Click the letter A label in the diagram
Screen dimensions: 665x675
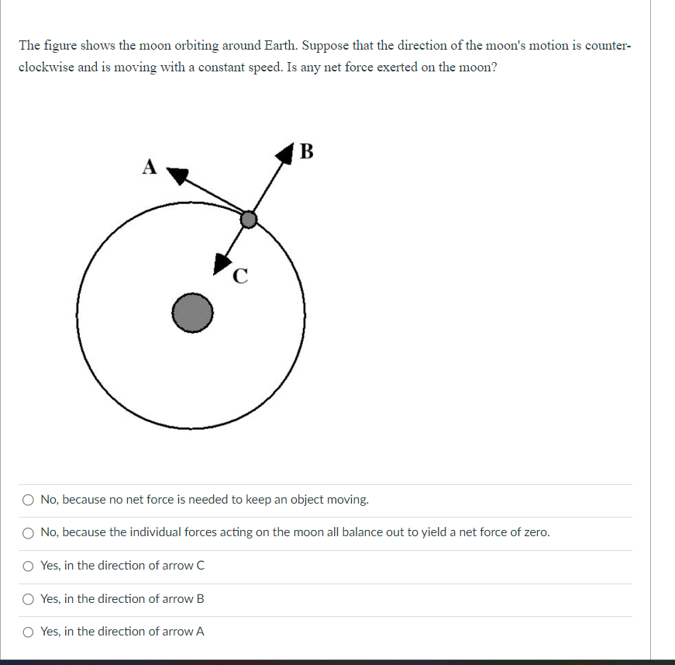(x=150, y=166)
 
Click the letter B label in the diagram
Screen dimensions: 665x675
(x=306, y=151)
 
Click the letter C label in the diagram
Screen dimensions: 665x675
(x=240, y=275)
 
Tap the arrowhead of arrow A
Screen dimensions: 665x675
(x=178, y=176)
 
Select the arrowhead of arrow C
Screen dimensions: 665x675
(x=223, y=263)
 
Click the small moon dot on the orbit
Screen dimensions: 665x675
(x=248, y=220)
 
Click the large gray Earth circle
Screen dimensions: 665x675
(x=191, y=313)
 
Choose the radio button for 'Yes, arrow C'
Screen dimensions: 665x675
(x=29, y=566)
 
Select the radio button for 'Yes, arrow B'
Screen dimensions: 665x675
(x=29, y=599)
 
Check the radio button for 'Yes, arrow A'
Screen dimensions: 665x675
(x=29, y=632)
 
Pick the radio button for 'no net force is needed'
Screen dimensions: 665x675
(x=29, y=500)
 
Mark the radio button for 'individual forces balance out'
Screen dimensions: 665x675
(x=29, y=532)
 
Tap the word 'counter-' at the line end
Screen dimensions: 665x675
(x=608, y=46)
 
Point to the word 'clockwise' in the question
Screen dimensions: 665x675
(x=46, y=67)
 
